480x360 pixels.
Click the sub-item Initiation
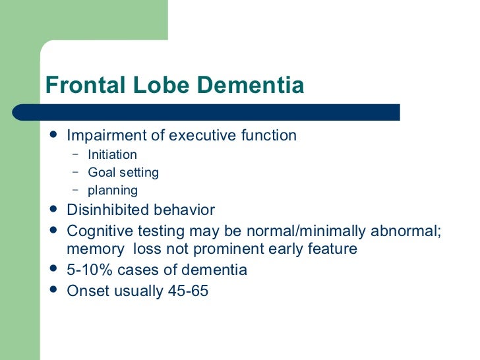tap(112, 155)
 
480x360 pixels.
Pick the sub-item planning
tap(113, 191)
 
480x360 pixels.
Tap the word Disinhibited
tap(107, 210)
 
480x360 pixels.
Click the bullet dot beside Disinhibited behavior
tap(54, 210)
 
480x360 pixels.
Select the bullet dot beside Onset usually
tap(54, 289)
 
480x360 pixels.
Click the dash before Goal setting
tap(76, 172)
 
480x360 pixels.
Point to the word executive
tap(204, 136)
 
